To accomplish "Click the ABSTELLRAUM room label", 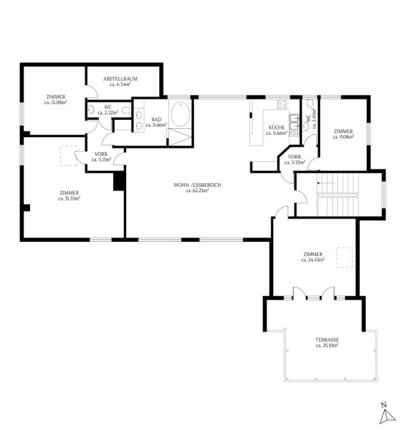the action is tap(120, 79).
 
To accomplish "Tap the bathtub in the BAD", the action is tap(180, 114).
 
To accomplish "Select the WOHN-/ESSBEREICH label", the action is tap(198, 185).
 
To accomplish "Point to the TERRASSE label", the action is tap(328, 340).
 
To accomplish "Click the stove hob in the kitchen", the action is tap(282, 105).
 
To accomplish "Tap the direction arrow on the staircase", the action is tap(326, 183).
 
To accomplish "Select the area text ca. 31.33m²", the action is tap(69, 198).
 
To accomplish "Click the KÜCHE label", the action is tap(276, 127).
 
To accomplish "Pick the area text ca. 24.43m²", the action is tap(313, 260).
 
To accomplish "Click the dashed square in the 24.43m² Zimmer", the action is tap(344, 258).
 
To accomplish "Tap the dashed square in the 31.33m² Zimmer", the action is tap(69, 156).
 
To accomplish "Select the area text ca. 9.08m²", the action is tap(343, 136).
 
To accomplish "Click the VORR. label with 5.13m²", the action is tap(101, 154).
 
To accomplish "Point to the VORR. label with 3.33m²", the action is tap(295, 157).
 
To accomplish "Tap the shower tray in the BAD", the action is tap(180, 137).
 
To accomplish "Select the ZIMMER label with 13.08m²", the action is tap(56, 97).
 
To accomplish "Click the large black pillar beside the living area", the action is tap(119, 181).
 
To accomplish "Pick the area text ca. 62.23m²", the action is tap(197, 191).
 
